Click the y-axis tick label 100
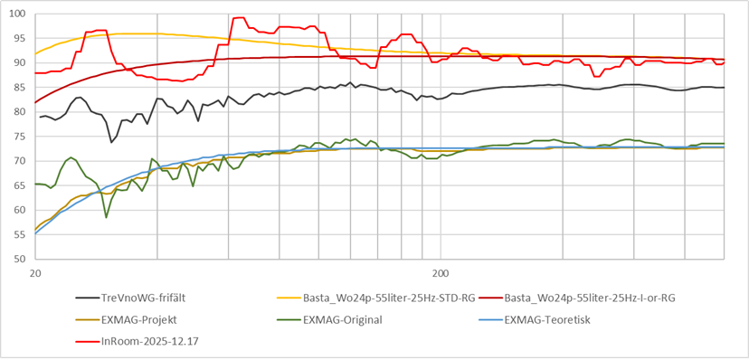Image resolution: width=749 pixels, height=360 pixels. [x=18, y=14]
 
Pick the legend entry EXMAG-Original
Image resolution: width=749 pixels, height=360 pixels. [x=346, y=318]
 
